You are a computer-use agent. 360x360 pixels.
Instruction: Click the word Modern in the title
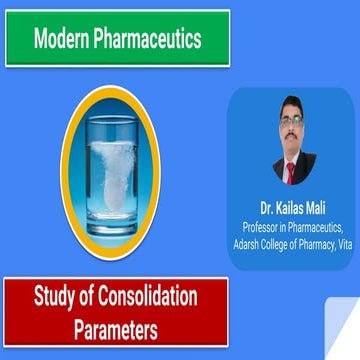click(65, 39)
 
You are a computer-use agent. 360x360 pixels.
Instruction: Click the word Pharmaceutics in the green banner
click(149, 39)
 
